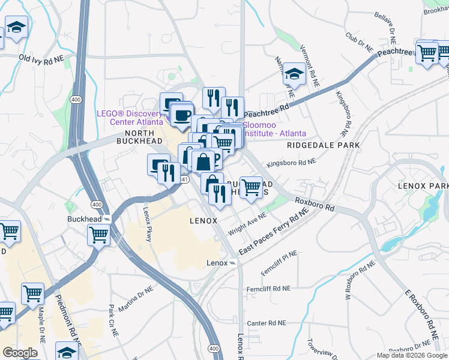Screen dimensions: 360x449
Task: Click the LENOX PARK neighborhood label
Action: tap(423, 187)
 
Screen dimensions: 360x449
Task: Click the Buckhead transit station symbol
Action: tap(107, 220)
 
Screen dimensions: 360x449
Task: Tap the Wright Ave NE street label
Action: tap(247, 224)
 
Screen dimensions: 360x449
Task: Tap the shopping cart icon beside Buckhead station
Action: tap(98, 235)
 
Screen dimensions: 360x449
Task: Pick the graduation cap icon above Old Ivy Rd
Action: tap(17, 27)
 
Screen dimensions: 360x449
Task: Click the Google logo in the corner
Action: tap(20, 352)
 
